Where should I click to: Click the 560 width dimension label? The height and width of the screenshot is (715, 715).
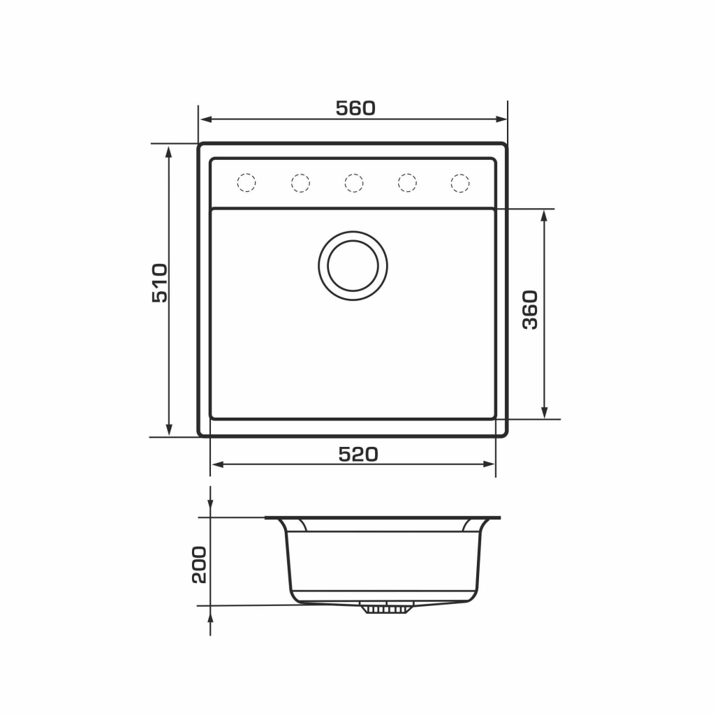(x=355, y=108)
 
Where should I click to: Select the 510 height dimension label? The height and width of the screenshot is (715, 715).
(x=160, y=283)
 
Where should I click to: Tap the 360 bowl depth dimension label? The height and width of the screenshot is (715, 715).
(x=530, y=309)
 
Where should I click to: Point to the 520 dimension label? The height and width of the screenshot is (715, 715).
(x=358, y=454)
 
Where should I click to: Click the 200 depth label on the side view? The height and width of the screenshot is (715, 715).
(x=199, y=564)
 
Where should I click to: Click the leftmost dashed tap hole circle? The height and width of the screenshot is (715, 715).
(x=246, y=183)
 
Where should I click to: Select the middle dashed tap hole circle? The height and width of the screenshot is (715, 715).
(x=354, y=183)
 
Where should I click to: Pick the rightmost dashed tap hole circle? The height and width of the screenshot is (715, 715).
(x=460, y=183)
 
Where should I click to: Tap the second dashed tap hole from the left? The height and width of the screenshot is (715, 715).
(x=300, y=183)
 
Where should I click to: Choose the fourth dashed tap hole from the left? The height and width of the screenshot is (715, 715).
(x=407, y=183)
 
